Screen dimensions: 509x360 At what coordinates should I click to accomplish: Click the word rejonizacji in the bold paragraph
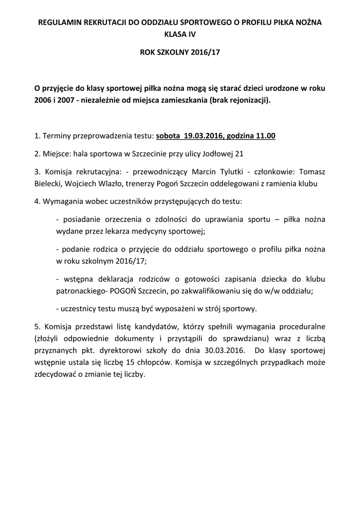247,100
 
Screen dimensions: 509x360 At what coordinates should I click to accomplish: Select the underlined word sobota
168,135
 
